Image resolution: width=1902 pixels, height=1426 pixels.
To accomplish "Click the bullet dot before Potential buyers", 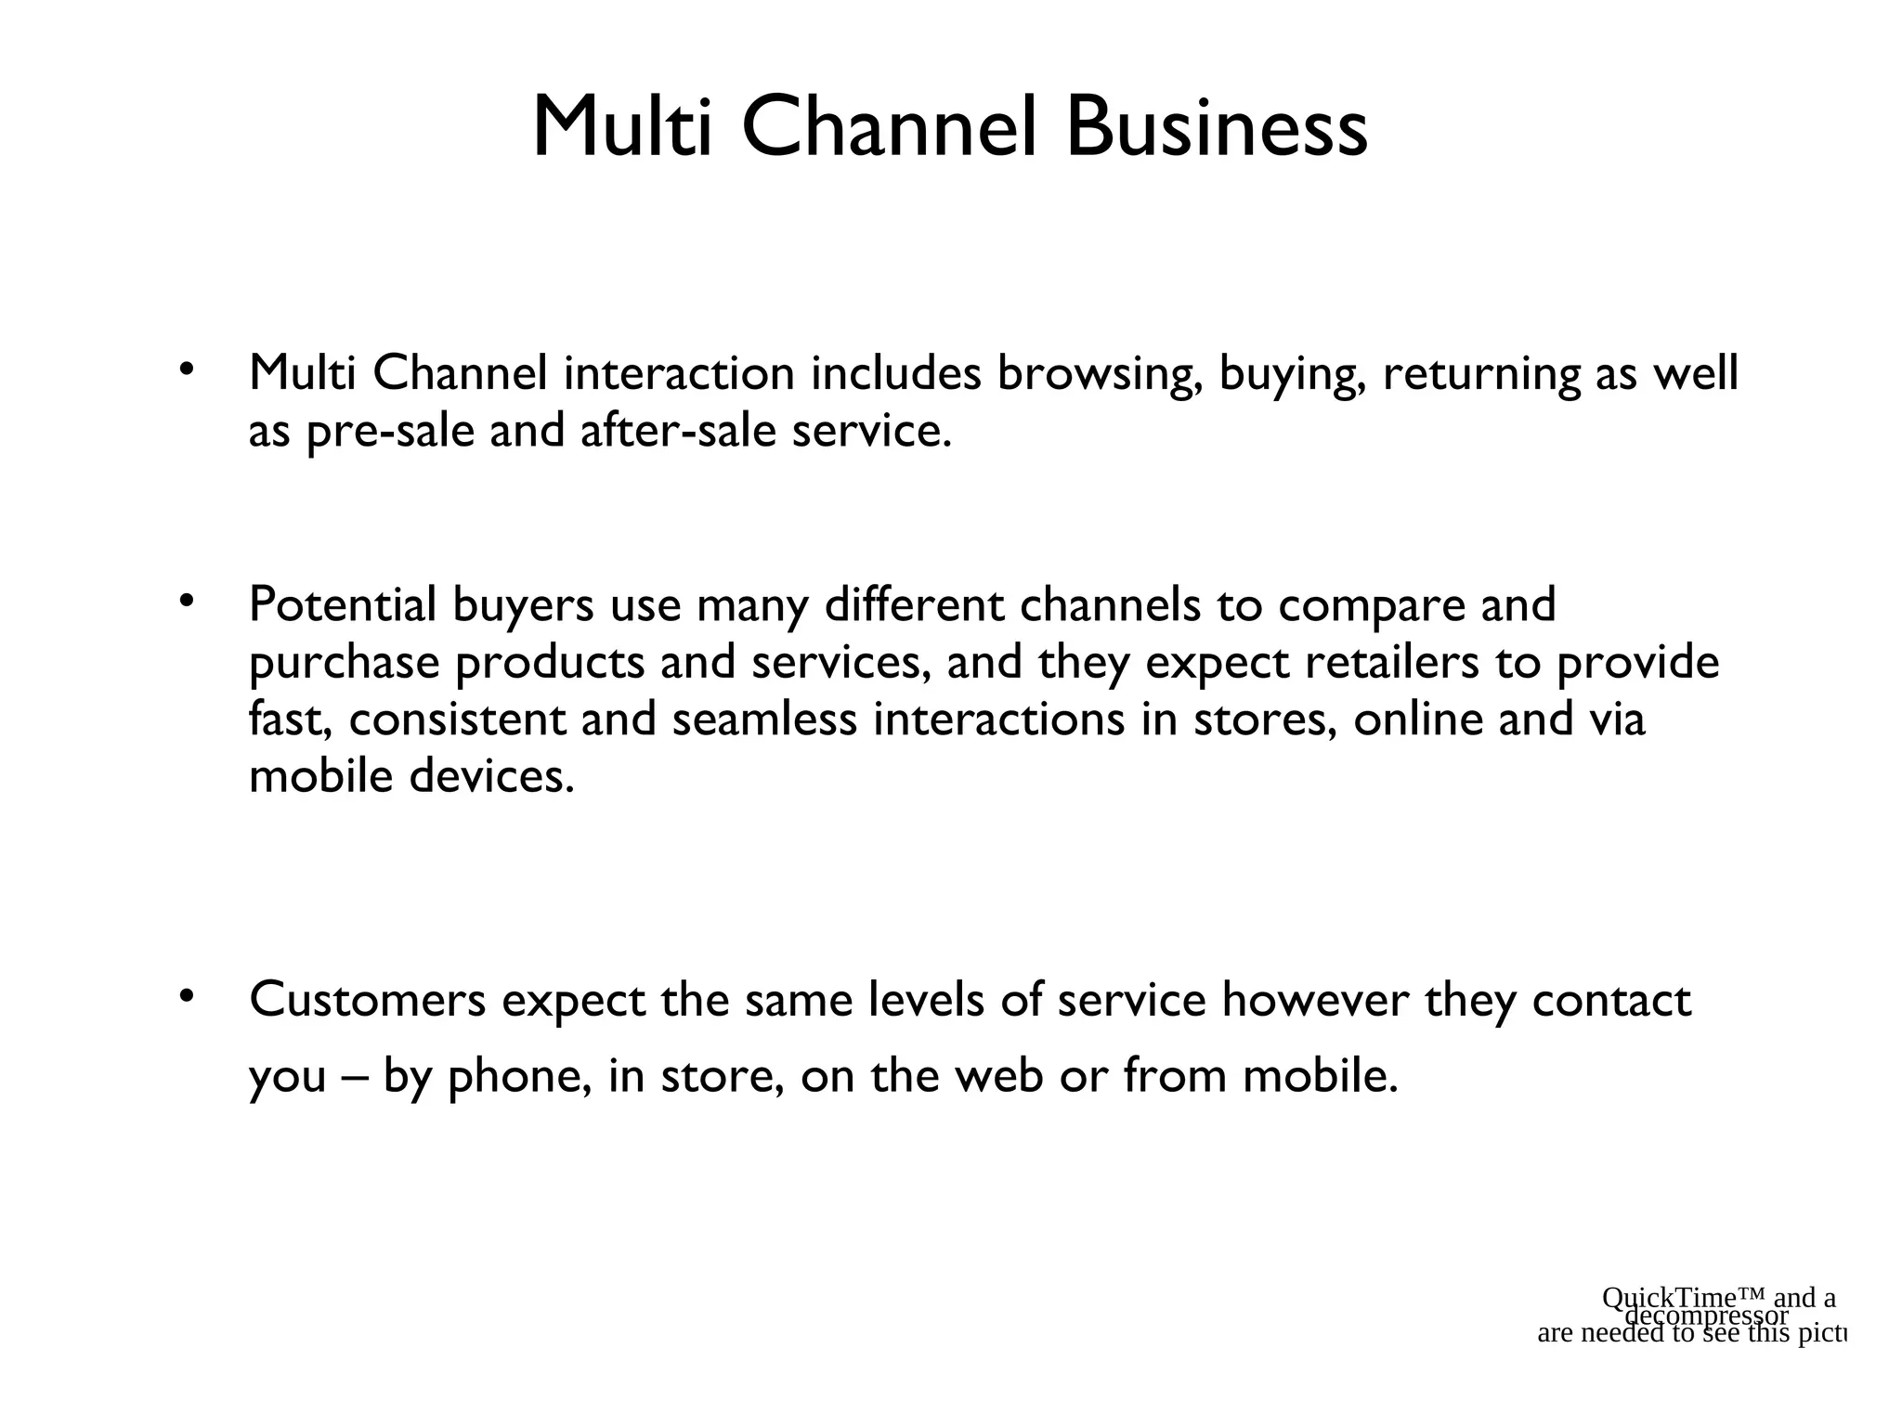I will [186, 603].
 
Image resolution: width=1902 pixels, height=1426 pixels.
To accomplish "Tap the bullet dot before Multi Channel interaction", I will [186, 370].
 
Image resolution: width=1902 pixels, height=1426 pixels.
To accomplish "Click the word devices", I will [492, 777].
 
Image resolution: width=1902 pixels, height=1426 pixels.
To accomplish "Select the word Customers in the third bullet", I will [368, 1001].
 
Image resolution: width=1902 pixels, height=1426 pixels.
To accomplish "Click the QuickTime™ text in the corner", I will [1683, 1298].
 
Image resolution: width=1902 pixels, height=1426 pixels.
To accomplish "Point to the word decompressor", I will [1707, 1316].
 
